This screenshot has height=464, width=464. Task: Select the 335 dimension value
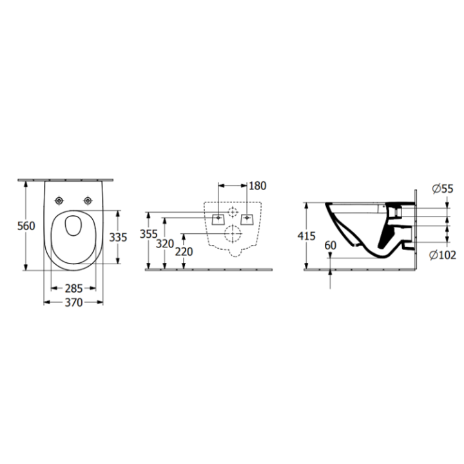[117, 237]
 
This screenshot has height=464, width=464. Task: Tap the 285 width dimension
[73, 287]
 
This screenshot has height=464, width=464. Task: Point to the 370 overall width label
[73, 303]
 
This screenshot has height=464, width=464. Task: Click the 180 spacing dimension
[257, 186]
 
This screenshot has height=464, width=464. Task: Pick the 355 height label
[148, 235]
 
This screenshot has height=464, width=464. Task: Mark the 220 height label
[184, 252]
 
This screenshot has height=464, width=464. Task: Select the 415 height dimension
[307, 236]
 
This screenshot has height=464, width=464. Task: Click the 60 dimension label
[331, 246]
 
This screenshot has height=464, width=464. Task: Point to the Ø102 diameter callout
[441, 255]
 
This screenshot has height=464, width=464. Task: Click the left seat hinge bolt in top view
[59, 199]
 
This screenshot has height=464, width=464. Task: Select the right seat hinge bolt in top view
[86, 199]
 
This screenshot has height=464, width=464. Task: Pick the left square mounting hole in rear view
[218, 218]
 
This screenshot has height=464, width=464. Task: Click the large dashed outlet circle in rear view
[231, 233]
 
